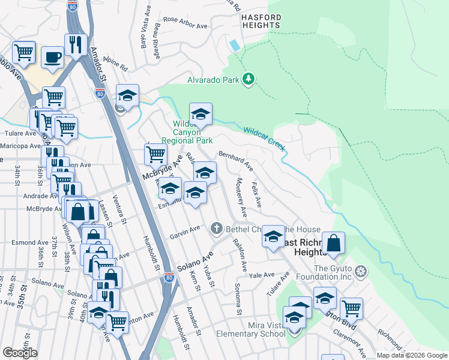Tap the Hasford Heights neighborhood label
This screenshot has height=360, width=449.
coord(261,22)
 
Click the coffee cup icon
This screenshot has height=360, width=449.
coord(52,58)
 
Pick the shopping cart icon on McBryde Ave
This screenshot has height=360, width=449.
coord(155,154)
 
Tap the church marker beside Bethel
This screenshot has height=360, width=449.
coord(216,229)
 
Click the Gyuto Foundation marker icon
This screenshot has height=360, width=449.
coord(360,272)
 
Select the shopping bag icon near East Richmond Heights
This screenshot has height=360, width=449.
coord(334,243)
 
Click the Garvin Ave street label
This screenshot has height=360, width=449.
coord(184,230)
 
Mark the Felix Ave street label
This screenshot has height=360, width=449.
coord(256,196)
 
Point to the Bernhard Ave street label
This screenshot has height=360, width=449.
coord(235,160)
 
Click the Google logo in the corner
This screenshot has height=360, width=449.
coord(20,353)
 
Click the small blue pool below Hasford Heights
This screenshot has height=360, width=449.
coord(234,45)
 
